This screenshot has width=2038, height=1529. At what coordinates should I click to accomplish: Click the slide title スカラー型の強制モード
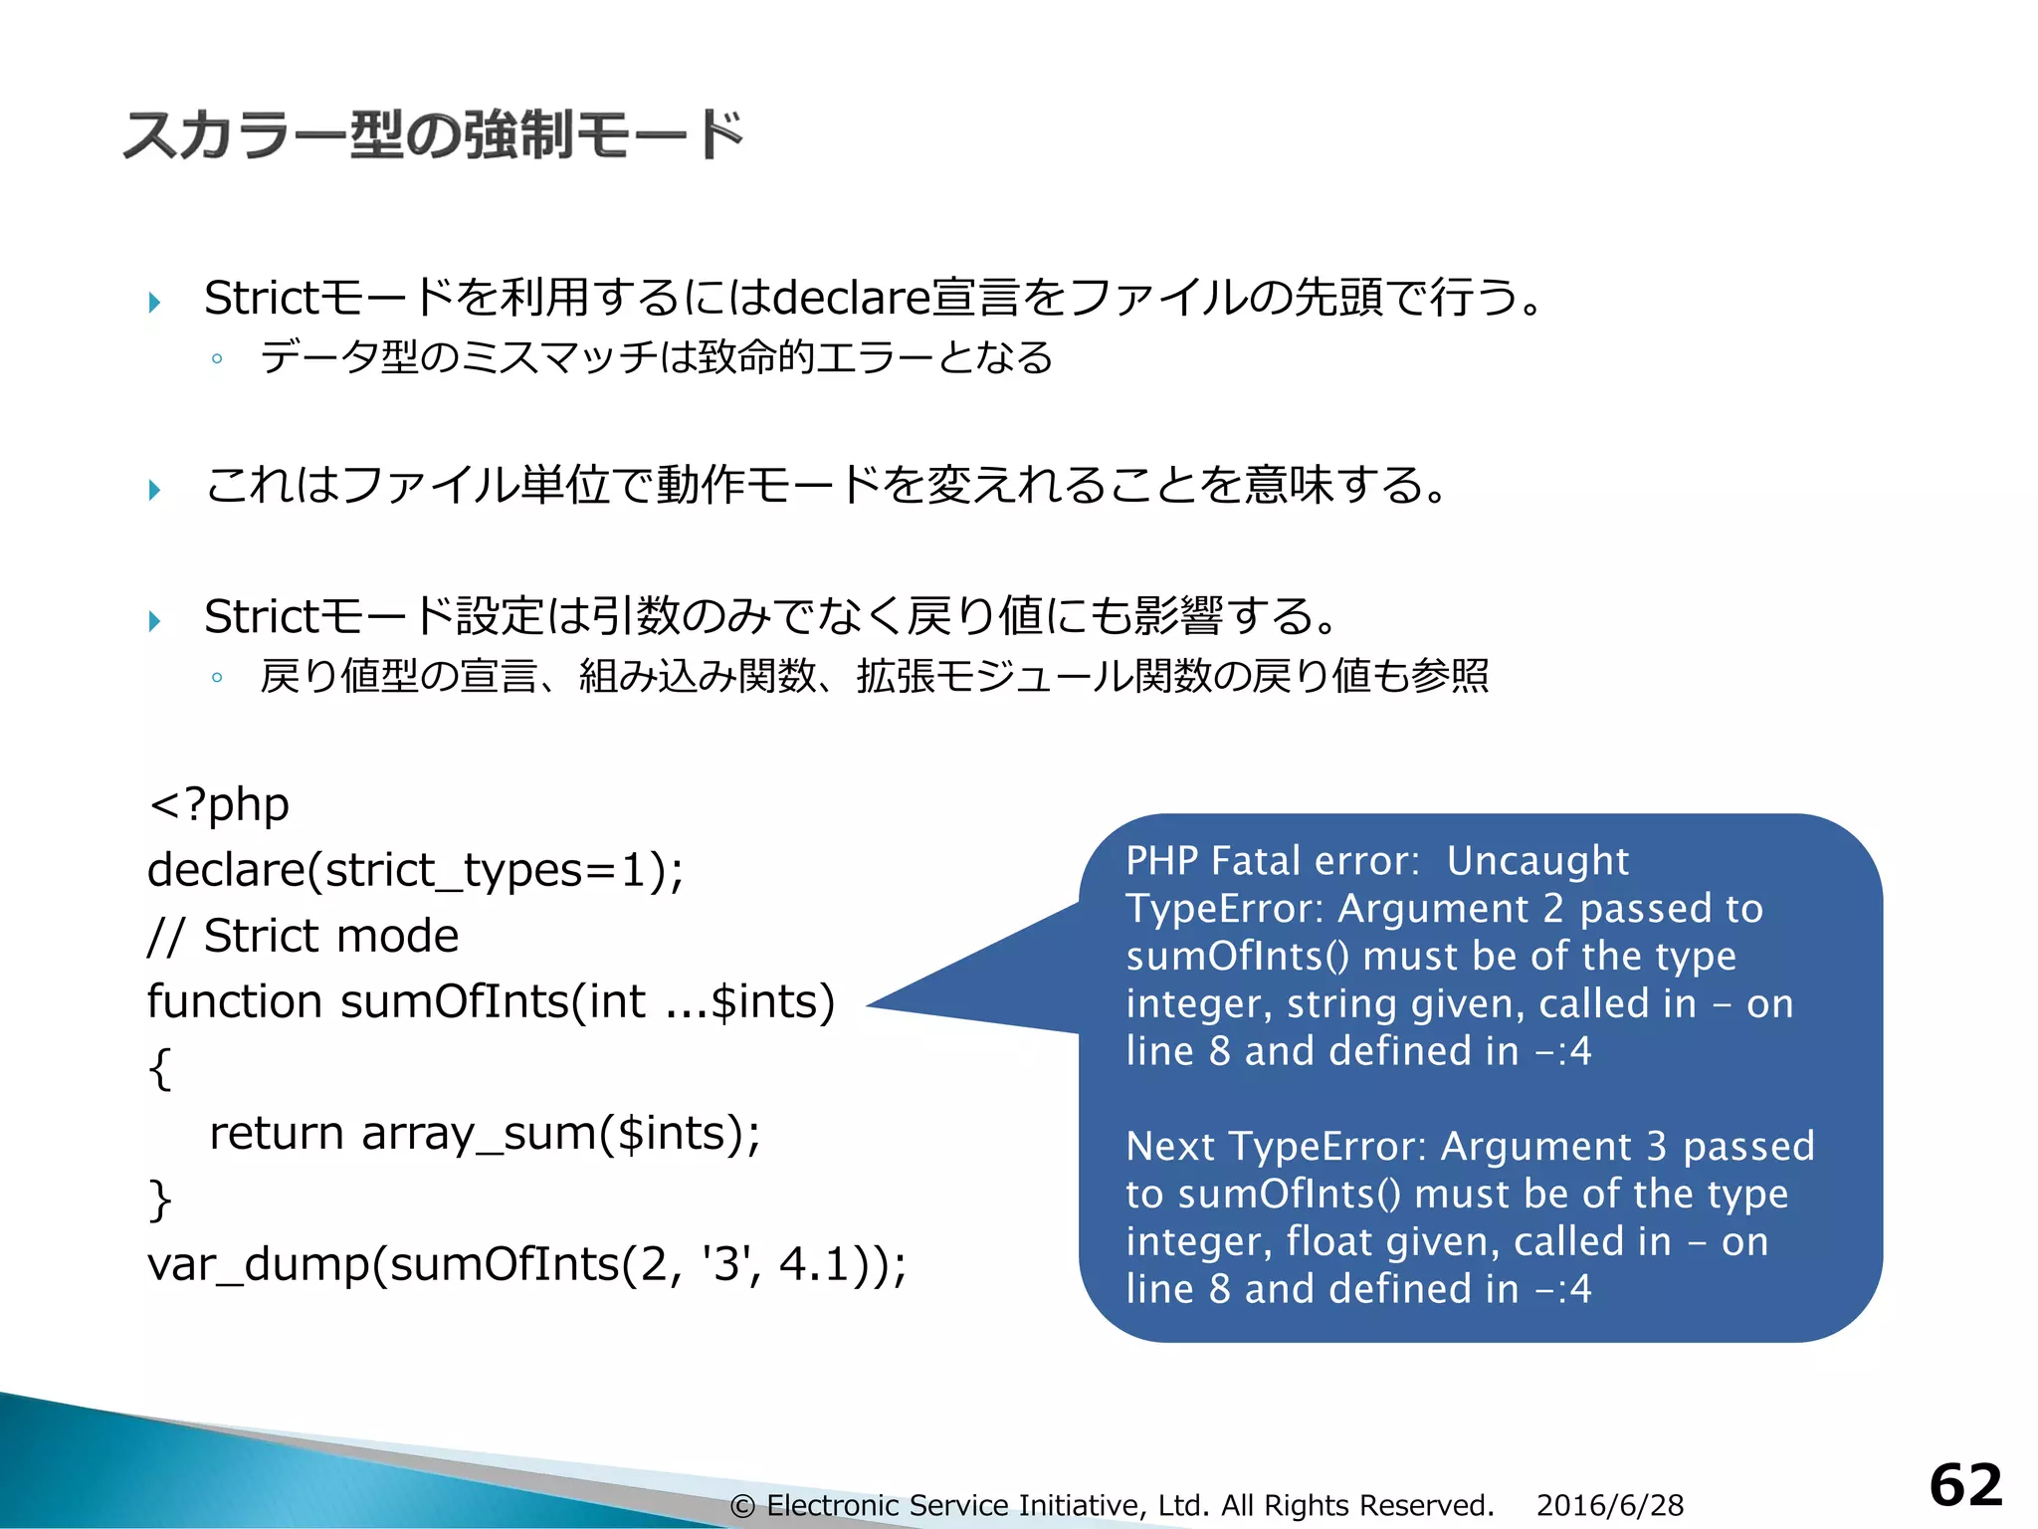pos(433,134)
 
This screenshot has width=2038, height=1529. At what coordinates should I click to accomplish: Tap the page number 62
pos(1965,1486)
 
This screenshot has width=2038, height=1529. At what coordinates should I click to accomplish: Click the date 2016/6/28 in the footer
pos(1609,1505)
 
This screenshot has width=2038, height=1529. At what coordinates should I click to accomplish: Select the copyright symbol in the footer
pos(742,1506)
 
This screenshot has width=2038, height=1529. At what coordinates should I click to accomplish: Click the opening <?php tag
pos(219,804)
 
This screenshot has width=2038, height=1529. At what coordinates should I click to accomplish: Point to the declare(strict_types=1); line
pos(415,870)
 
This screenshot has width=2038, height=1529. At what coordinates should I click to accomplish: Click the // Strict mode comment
pos(303,936)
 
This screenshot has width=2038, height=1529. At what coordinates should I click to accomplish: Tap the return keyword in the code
pos(276,1133)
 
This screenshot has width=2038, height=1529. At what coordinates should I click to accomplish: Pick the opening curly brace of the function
pos(159,1068)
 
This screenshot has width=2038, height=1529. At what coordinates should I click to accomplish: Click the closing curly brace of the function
pos(159,1200)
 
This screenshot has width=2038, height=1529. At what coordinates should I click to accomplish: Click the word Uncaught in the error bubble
pos(1537,861)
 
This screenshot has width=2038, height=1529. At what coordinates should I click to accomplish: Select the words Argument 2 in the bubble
pos(1450,909)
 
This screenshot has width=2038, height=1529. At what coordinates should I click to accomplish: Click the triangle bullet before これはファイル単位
pos(154,489)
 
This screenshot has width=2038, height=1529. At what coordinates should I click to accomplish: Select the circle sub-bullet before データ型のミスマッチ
pos(217,358)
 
